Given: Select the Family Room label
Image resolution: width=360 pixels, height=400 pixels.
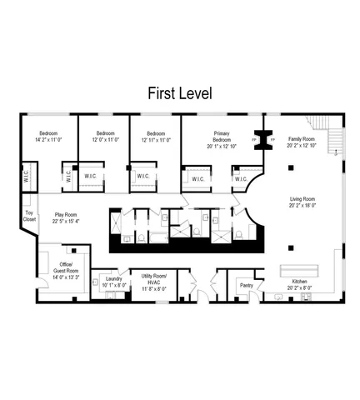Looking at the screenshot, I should click(x=301, y=140).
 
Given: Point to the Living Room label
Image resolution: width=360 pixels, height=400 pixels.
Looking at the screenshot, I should click(x=302, y=201).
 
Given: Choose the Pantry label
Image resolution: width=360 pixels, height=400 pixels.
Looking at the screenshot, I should click(x=246, y=285).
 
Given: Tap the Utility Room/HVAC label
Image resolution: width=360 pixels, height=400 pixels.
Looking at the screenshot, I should click(x=153, y=278).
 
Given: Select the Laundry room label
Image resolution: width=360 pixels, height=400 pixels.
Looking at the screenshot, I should click(x=113, y=280).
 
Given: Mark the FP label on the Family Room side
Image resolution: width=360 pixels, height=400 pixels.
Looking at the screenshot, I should click(x=273, y=139).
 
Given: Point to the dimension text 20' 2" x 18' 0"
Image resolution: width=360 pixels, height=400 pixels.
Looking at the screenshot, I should click(x=302, y=206).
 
